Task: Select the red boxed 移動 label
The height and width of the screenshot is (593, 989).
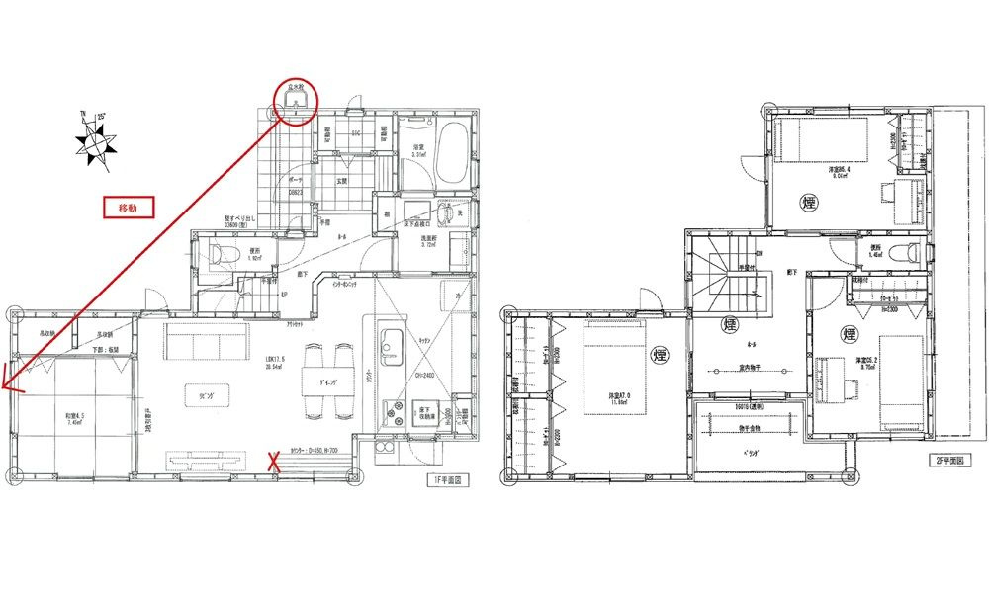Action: [x=128, y=209]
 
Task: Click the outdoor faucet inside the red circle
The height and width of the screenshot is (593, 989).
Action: [x=295, y=102]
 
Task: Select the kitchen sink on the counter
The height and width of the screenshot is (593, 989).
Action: [x=389, y=341]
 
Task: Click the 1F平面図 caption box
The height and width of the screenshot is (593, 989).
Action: [x=446, y=480]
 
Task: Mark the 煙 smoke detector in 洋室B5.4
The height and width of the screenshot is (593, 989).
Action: [x=810, y=204]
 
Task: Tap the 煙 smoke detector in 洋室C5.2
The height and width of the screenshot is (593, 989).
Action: [x=848, y=334]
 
